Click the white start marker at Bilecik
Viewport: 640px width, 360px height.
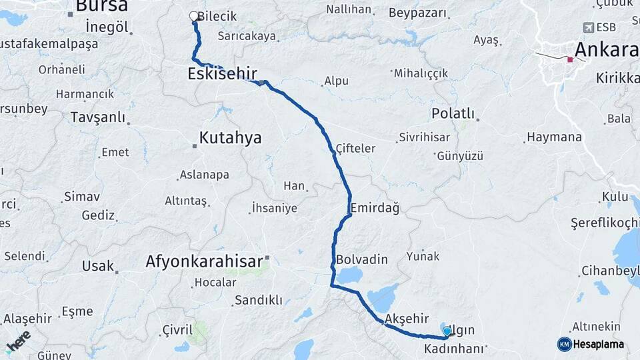coord(194,16)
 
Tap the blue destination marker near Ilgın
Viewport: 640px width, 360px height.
coord(447,331)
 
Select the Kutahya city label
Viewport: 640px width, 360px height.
coord(231,138)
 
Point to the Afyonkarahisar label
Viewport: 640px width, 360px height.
coord(204,261)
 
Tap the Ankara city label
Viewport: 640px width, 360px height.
coord(605,49)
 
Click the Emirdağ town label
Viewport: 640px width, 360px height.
coord(375,208)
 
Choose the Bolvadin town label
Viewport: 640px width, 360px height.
coord(361,259)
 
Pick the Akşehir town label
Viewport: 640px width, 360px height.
coord(407,319)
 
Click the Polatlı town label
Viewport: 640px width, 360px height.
coord(453,113)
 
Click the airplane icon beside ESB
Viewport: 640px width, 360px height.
coord(588,27)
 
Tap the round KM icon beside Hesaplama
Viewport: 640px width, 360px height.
coord(564,344)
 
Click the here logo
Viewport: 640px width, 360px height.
coord(18,341)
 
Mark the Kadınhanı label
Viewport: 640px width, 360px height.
coord(453,349)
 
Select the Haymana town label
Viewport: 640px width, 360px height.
coord(554,137)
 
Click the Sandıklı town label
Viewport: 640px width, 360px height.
coord(258,300)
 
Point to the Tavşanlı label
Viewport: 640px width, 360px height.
coord(97,117)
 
